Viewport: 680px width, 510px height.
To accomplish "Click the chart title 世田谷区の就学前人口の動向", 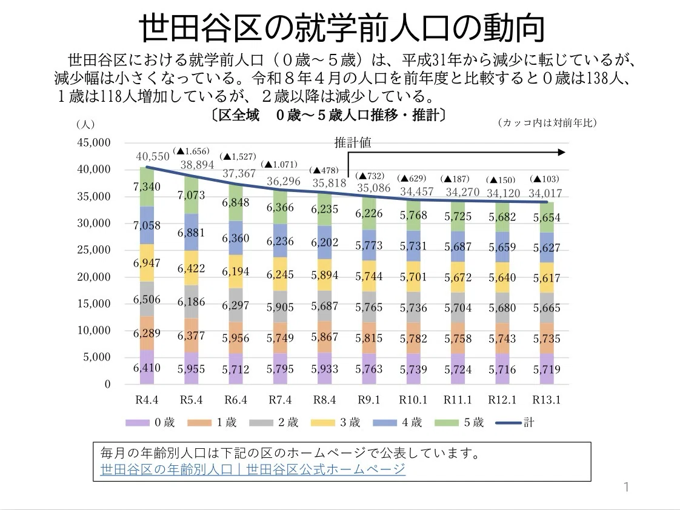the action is click(x=341, y=28).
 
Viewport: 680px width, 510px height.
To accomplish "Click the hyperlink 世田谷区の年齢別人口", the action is click(x=167, y=469).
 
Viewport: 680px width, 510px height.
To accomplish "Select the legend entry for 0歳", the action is click(x=150, y=422).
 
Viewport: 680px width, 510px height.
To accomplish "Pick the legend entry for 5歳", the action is click(x=459, y=422).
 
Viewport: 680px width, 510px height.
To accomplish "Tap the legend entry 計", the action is click(x=515, y=422).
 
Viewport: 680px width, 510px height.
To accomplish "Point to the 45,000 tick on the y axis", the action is click(x=94, y=142).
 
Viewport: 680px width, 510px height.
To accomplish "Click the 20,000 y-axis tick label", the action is click(x=94, y=277).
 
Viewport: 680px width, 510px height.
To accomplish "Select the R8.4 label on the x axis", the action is click(x=324, y=400).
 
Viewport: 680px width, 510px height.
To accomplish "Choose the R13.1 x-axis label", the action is click(x=547, y=400).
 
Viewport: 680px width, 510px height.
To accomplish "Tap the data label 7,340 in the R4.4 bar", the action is click(x=147, y=187).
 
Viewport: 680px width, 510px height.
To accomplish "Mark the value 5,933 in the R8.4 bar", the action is click(x=324, y=369).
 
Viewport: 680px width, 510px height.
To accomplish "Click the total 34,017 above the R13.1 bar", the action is click(x=545, y=193).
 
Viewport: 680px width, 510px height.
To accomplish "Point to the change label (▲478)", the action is click(x=324, y=170).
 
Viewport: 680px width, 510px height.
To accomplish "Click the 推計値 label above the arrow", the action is click(x=353, y=142).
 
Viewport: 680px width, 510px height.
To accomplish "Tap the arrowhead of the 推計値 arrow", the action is click(x=562, y=152).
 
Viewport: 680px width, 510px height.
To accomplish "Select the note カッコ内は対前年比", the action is click(x=547, y=123).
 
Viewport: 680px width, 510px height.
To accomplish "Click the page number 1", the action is click(x=626, y=487).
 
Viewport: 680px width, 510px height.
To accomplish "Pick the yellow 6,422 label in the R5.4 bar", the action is click(x=191, y=269).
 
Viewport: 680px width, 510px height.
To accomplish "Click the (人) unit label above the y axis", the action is click(x=85, y=125).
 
